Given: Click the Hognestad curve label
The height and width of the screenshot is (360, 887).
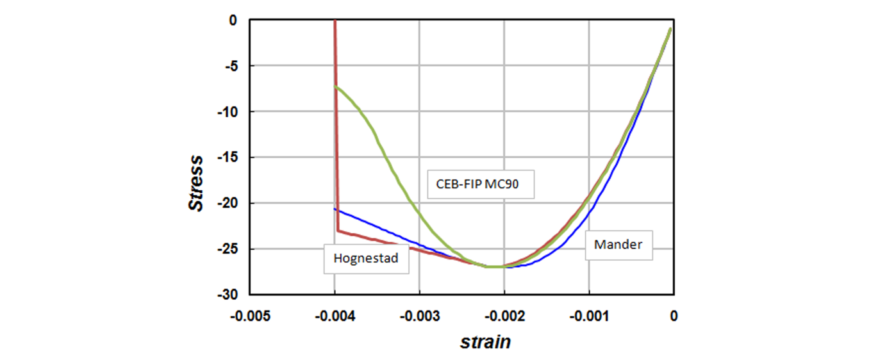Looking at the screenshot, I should [366, 259].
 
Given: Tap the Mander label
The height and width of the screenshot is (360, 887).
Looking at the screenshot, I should [618, 245].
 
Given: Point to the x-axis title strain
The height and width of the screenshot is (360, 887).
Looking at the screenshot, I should [485, 341].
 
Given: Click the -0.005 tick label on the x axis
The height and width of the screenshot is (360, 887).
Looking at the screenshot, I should [249, 316].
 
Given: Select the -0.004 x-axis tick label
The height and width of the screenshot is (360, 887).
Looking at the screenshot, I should [335, 316].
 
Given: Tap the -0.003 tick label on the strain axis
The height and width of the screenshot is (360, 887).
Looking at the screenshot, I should [419, 316].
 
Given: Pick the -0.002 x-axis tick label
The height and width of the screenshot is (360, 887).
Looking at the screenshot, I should [504, 316].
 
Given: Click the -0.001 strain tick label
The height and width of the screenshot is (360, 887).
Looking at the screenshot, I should [588, 316].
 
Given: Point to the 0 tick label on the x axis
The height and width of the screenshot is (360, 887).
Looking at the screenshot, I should [673, 316].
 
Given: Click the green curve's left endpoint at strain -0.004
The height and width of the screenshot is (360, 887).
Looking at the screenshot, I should [335, 86].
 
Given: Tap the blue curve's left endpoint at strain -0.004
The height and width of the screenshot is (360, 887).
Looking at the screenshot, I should [335, 209].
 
